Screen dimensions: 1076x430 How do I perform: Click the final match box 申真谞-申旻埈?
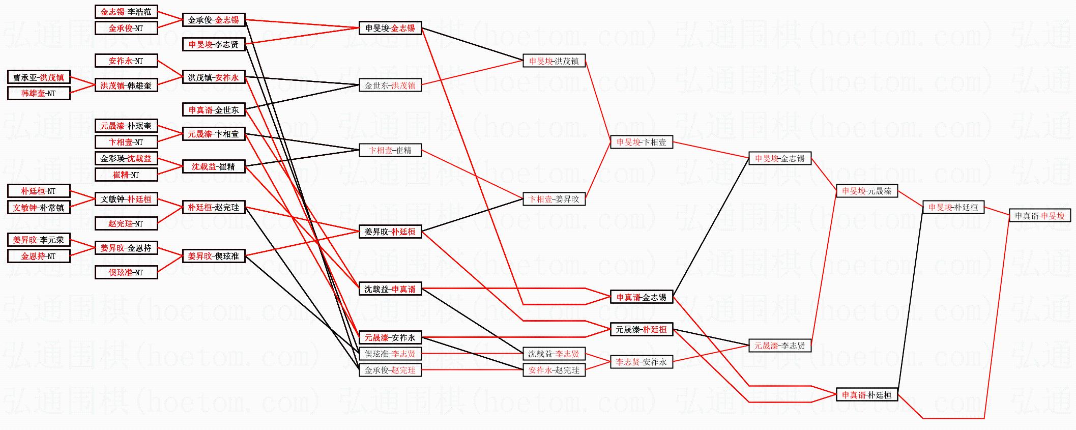click(1039, 216)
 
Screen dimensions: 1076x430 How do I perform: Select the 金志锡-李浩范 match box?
click(126, 12)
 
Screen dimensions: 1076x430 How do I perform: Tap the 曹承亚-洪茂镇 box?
click(39, 77)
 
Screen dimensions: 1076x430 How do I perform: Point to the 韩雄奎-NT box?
click(39, 94)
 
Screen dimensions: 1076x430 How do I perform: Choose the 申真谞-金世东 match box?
click(214, 110)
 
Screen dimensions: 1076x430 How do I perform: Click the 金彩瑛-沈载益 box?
click(126, 158)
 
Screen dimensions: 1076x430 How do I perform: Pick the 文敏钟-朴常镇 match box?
click(39, 208)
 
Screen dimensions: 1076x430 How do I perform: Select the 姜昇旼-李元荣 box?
click(39, 240)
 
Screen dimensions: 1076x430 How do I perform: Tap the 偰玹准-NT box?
click(126, 273)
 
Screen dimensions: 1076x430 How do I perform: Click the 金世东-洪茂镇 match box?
click(390, 85)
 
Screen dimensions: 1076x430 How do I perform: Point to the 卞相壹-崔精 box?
click(390, 150)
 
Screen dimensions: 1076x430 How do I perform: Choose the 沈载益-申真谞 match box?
click(390, 289)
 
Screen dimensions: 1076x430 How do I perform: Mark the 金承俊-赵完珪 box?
click(390, 370)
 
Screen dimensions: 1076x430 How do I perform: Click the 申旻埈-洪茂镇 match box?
click(554, 61)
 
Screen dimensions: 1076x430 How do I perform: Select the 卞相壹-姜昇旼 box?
click(554, 199)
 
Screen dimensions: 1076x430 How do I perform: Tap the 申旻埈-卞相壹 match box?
click(642, 142)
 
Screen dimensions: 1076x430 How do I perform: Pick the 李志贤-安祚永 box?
click(642, 362)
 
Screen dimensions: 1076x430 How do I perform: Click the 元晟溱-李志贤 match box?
click(780, 346)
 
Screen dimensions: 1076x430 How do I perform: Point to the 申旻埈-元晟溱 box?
click(867, 191)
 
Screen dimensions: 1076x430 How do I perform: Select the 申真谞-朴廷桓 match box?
click(867, 395)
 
